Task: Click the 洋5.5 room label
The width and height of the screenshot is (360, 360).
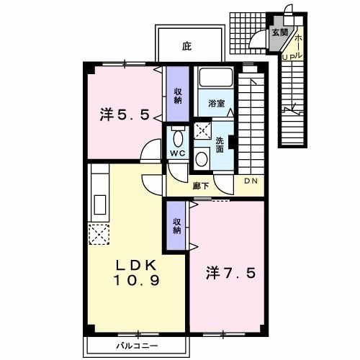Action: pos(125,115)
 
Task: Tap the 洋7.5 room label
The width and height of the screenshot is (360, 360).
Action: pos(230,274)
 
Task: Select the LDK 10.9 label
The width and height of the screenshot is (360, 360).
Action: pos(136,273)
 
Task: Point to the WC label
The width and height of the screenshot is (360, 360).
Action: pos(178,153)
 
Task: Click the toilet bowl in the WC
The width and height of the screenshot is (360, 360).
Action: pos(178,139)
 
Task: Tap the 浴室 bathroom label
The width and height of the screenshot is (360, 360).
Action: pos(217,104)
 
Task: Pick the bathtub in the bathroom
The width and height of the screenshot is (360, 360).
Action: pos(216,77)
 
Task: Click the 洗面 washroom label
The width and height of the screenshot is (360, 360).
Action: pos(220,145)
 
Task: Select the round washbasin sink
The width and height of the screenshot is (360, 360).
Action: pos(202,159)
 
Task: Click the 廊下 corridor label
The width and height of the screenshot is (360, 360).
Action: pos(201,186)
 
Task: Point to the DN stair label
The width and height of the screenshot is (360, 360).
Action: pos(251,181)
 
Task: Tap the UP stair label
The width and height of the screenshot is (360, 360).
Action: pos(288,58)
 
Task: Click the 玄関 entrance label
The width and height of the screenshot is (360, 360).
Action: pos(279,32)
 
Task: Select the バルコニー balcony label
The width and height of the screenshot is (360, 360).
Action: pos(138,346)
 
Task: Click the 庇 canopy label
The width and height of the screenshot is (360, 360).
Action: pos(186,46)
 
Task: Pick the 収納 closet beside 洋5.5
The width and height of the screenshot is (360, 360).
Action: pos(178,94)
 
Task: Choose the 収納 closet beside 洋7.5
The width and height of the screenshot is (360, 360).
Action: pos(176,225)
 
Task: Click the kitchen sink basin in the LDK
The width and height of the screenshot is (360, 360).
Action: pos(100,204)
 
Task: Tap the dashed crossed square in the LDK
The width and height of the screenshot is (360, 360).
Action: pos(99,235)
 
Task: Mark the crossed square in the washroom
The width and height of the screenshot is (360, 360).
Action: pos(202,130)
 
